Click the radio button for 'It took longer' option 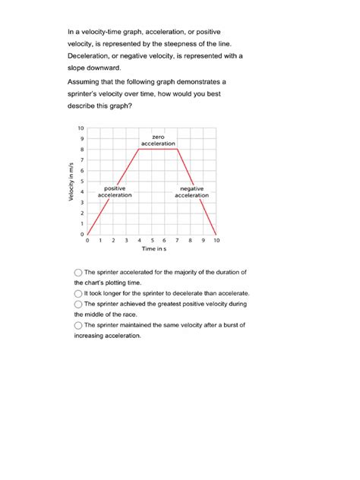[79, 293]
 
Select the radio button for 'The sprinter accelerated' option [79, 272]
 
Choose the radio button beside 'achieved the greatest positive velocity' [79, 304]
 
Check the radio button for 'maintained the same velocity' [79, 325]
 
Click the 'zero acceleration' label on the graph [158, 140]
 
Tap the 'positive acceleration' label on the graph [115, 191]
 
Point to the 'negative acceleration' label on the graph [191, 191]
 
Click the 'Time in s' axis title [153, 249]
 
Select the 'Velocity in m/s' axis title [70, 182]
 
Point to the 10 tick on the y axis [81, 128]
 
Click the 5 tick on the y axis [81, 181]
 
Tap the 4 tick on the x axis [139, 240]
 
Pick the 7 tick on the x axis [178, 240]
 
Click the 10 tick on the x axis [216, 240]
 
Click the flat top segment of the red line [158, 149]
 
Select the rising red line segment [114, 191]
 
